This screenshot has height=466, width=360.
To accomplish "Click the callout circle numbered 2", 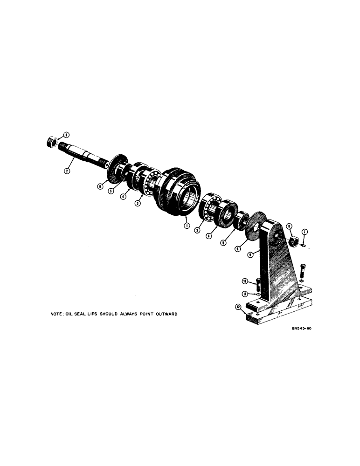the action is [67, 171].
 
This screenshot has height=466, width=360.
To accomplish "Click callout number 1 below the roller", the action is [186, 226].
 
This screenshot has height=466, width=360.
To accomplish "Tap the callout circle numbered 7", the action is [305, 232].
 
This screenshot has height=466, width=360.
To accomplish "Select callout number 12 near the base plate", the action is [239, 307].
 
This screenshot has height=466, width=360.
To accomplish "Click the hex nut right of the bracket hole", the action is [294, 241].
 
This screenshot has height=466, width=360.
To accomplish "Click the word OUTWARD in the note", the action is [163, 314].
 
